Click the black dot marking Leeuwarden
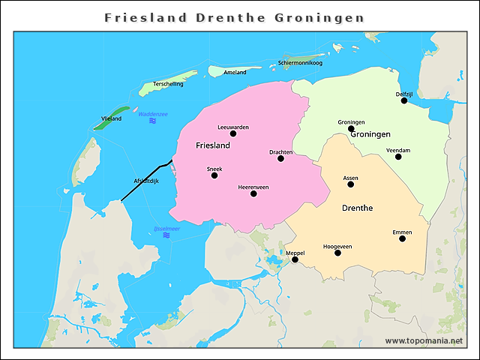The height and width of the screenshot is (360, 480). click(x=233, y=133)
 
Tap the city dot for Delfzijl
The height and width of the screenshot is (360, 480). click(x=404, y=100)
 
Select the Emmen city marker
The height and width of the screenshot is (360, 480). click(x=402, y=238)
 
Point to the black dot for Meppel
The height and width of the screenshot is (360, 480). click(x=295, y=259)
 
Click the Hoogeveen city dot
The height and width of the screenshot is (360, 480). click(x=337, y=253)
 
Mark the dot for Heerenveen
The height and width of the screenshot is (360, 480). click(x=253, y=193)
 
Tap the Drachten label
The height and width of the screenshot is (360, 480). click(x=280, y=152)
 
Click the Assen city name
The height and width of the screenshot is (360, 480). click(x=350, y=178)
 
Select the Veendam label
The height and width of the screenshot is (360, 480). click(x=398, y=150)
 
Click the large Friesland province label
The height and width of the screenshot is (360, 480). click(x=212, y=145)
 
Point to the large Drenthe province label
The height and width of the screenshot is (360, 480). click(x=358, y=207)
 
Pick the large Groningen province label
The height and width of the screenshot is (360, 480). click(x=370, y=134)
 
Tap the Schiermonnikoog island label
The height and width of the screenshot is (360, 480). click(x=300, y=63)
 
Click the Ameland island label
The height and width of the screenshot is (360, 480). click(x=235, y=72)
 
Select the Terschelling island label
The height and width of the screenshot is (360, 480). click(x=168, y=84)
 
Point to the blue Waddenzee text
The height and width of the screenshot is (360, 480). click(x=153, y=114)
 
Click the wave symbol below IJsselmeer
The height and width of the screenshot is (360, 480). click(x=166, y=235)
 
